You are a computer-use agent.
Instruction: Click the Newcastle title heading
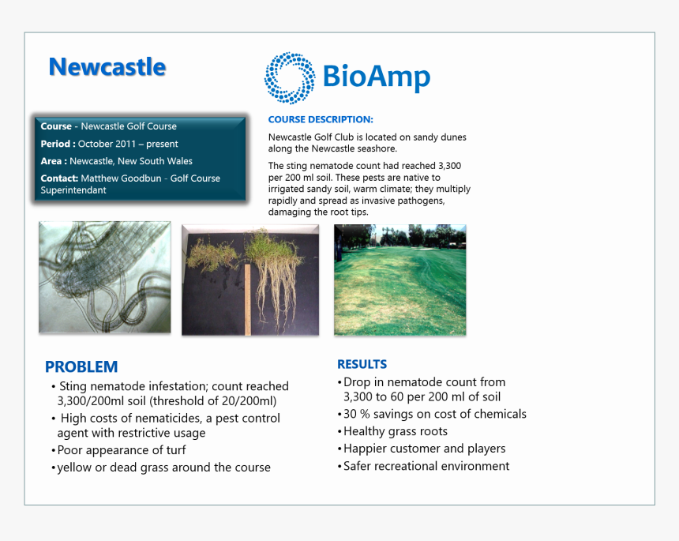[107, 67]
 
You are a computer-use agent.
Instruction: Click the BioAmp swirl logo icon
[290, 78]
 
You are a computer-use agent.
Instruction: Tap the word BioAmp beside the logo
[377, 77]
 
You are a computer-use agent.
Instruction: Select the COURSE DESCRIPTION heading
[321, 119]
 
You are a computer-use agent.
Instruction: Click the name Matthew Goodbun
[121, 178]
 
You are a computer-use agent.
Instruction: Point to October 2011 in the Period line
[107, 144]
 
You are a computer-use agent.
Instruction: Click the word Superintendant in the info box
[73, 190]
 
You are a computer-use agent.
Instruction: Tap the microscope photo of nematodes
[105, 277]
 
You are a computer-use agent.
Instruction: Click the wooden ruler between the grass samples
[248, 299]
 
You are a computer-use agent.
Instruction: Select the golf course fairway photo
[400, 280]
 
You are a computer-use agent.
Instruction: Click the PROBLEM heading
[81, 367]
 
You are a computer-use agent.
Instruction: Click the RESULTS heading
[362, 364]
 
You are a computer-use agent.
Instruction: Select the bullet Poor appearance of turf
[118, 450]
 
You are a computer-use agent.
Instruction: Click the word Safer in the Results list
[357, 466]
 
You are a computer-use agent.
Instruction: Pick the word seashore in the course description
[377, 148]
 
